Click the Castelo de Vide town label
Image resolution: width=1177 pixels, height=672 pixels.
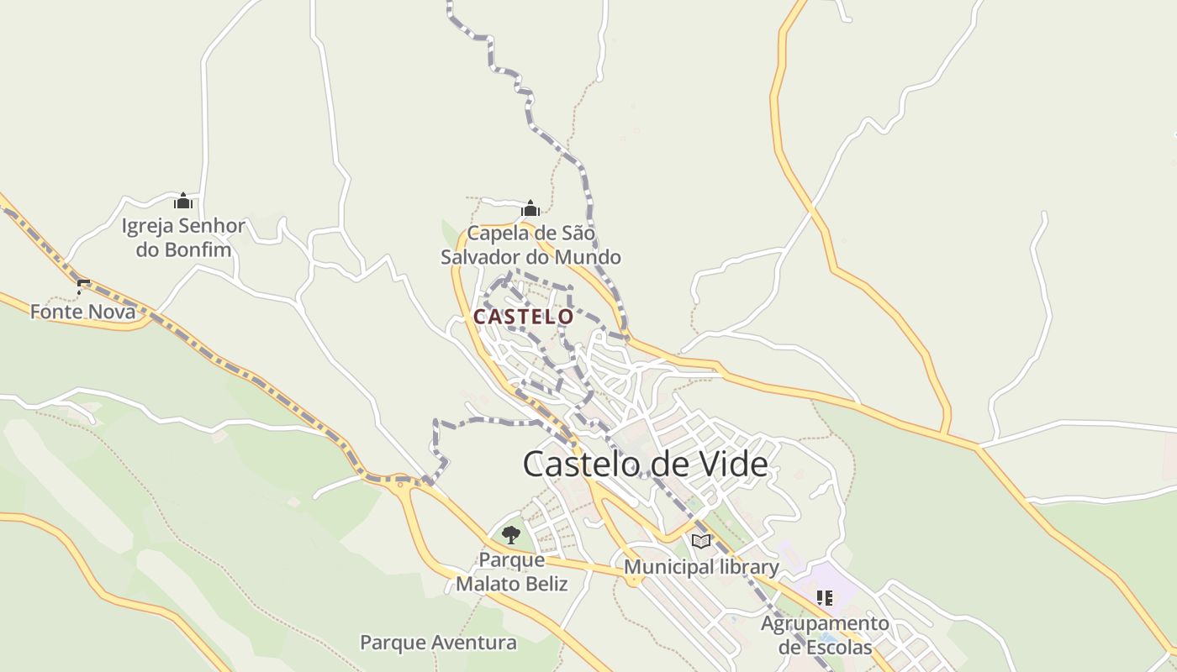coord(645,464)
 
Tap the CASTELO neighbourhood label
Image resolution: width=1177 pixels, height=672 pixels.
coord(523,317)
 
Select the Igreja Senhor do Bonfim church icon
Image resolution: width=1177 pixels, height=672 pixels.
coord(183,201)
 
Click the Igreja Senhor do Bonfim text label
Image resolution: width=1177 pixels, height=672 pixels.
coord(183,237)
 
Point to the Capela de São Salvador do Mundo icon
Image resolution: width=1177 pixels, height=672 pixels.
coord(530,208)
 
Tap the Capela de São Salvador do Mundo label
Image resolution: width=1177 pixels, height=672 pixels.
coord(530,244)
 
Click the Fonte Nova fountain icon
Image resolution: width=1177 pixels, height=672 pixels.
coord(82,286)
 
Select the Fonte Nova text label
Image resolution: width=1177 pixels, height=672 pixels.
coord(82,312)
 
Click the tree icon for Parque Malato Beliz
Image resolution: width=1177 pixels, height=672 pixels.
coord(511,535)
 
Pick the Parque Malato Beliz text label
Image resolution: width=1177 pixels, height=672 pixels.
coord(511,571)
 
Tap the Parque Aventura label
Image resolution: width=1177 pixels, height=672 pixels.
coord(438,643)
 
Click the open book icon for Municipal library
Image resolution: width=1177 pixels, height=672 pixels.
coord(701,542)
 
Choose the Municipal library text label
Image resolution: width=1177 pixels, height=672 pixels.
coord(701,567)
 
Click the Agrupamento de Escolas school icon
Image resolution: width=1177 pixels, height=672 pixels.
coord(825,598)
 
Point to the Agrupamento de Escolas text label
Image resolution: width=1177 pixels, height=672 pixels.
coord(825,635)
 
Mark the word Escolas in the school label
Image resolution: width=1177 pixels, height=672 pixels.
coord(837,648)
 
